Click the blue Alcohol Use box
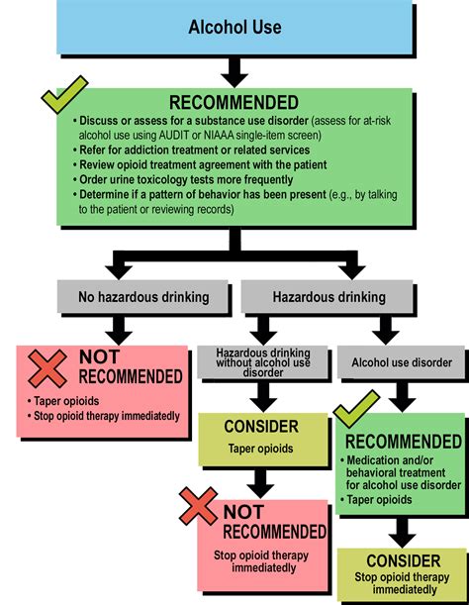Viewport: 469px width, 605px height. pyautogui.click(x=234, y=28)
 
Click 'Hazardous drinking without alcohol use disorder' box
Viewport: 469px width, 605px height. pyautogui.click(x=262, y=362)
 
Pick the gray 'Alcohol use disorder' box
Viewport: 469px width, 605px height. pyautogui.click(x=402, y=362)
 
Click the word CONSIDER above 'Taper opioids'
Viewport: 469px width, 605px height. pyautogui.click(x=262, y=427)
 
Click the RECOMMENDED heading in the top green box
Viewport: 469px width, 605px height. pyautogui.click(x=234, y=102)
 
